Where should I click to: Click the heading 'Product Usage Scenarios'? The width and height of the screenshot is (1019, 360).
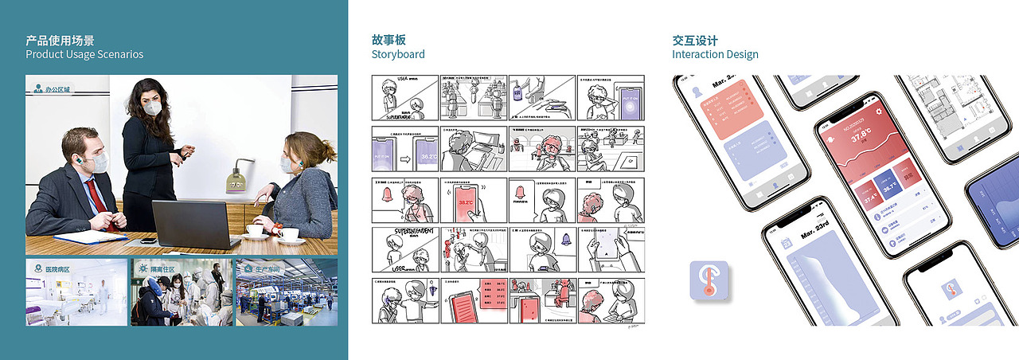[x=84, y=54]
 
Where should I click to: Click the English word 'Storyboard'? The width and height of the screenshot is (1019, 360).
[x=398, y=54]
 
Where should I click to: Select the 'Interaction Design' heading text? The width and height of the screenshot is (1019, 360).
[x=715, y=54]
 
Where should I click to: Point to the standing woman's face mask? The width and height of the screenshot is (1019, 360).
[x=152, y=107]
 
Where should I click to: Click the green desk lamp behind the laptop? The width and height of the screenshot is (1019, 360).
[x=238, y=178]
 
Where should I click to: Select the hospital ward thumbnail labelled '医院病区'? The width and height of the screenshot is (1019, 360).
[x=76, y=292]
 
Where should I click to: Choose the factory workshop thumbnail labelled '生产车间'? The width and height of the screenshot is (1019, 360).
[x=287, y=292]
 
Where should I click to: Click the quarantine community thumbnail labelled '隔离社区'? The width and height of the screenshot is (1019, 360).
[x=182, y=292]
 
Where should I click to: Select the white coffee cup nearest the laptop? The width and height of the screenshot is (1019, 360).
[x=256, y=230]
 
